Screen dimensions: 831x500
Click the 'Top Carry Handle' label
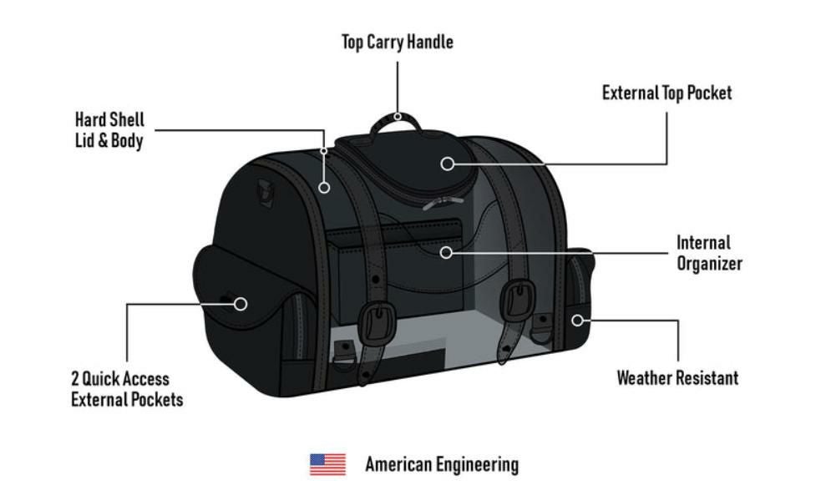398,42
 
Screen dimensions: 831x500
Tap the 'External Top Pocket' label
666,93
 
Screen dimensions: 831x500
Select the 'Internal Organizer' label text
709,253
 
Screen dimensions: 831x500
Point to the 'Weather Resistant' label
677,377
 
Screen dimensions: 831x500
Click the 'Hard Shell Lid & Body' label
109,130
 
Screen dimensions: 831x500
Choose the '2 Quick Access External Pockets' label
127,389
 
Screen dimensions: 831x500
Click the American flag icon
327,464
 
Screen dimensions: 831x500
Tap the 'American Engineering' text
442,464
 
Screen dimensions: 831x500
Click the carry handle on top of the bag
396,125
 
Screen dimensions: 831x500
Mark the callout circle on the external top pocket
448,164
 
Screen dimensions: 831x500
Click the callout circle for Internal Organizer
446,253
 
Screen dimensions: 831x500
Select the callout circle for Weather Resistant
578,321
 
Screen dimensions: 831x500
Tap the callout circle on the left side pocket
241,304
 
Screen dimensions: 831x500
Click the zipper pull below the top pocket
443,203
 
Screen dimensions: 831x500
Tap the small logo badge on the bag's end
266,194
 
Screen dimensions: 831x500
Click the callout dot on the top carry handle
398,117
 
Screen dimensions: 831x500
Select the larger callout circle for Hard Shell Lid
324,188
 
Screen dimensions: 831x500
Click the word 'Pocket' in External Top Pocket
709,93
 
